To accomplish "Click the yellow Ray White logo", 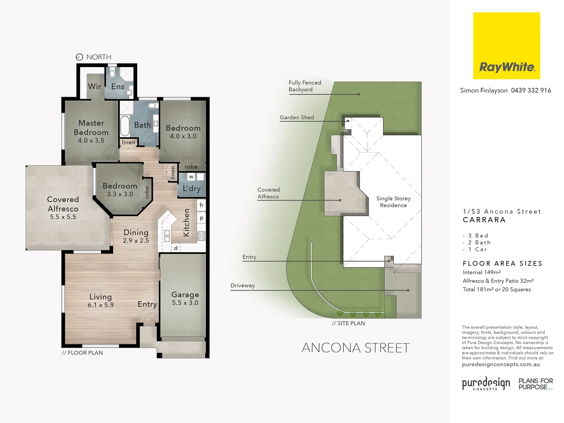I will [506, 45].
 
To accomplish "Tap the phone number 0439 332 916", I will [531, 90].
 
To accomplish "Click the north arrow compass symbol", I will [79, 57].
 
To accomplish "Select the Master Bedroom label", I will [91, 128].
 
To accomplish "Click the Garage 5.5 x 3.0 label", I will [185, 298].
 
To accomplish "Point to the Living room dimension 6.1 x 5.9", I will [101, 305].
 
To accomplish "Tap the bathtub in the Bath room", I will [125, 125].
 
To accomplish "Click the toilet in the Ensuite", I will [112, 73].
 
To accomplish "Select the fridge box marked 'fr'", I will [201, 205].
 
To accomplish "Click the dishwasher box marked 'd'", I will [176, 248].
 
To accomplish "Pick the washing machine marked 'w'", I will [191, 177].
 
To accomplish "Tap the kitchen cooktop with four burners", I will [201, 236].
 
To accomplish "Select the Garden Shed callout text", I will [296, 117].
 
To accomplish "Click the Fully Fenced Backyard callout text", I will [304, 86].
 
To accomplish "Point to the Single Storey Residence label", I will [393, 202].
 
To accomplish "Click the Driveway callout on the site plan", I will [242, 286].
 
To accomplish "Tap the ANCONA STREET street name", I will [355, 348].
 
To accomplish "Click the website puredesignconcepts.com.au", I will [501, 365].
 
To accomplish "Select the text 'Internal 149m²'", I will [481, 273].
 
